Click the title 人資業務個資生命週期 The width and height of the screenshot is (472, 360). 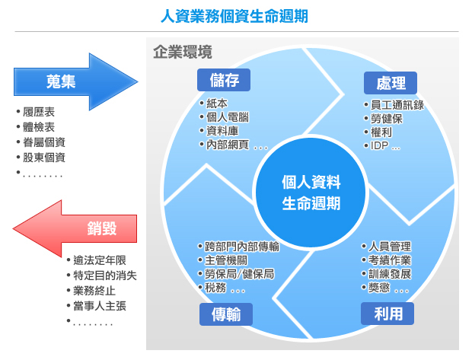[234, 16]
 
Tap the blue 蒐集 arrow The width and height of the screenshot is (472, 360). [76, 81]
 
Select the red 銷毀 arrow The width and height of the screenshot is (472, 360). [75, 229]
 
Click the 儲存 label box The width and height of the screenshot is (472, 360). [224, 80]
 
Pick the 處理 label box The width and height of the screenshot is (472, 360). [391, 83]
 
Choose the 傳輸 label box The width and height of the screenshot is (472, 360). [226, 314]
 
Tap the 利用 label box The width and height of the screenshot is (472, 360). [387, 314]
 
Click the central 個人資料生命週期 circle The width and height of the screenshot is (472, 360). [311, 193]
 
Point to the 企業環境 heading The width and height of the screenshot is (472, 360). [183, 52]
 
